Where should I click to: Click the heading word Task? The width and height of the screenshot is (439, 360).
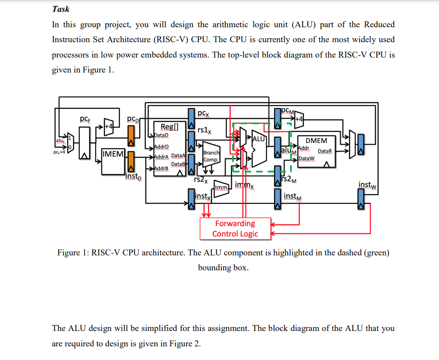pyautogui.click(x=61, y=9)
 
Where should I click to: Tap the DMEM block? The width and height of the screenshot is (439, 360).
pyautogui.click(x=316, y=151)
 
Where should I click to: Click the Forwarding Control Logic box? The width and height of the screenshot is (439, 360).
pyautogui.click(x=235, y=229)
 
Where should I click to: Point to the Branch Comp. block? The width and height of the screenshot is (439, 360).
pyautogui.click(x=211, y=156)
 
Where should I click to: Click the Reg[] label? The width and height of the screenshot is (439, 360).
pyautogui.click(x=170, y=127)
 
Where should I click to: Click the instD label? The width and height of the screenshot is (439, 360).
pyautogui.click(x=133, y=177)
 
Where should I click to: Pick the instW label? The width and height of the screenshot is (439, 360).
pyautogui.click(x=368, y=185)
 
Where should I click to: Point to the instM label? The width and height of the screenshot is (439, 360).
pyautogui.click(x=293, y=196)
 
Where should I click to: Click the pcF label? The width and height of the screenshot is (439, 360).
pyautogui.click(x=85, y=119)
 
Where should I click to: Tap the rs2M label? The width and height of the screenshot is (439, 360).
pyautogui.click(x=289, y=179)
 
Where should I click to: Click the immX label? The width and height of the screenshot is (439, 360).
pyautogui.click(x=244, y=185)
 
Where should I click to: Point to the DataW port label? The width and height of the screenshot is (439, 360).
pyautogui.click(x=306, y=158)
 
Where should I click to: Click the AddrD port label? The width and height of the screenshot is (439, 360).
pyautogui.click(x=162, y=146)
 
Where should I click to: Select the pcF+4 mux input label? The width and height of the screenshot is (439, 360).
pyautogui.click(x=58, y=153)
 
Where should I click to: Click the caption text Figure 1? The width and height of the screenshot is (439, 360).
pyautogui.click(x=73, y=253)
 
